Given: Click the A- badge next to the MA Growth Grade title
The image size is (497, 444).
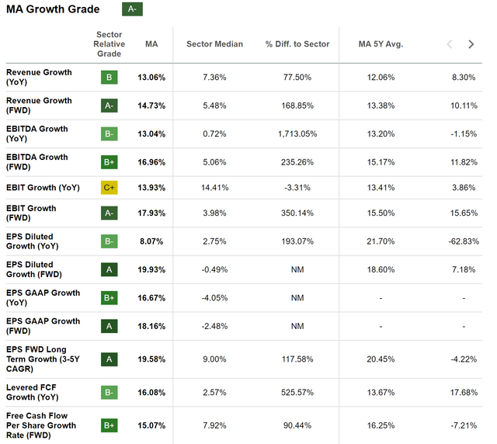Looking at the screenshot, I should point(132,9).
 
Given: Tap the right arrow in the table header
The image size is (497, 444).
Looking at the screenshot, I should point(471,44).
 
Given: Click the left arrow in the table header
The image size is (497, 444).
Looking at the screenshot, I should point(449,44).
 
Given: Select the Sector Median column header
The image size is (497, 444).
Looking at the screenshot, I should point(214,44).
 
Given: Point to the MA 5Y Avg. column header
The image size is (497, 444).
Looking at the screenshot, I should point(381,44).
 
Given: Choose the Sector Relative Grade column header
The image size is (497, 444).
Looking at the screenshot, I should point(109,44).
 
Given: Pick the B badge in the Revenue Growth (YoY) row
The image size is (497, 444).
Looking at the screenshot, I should point(109,78).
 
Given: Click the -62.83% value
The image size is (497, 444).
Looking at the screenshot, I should point(463,241).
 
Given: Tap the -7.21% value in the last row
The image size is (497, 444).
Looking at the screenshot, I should point(463,425).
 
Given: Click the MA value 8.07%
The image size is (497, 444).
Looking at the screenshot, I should point(151,241).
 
